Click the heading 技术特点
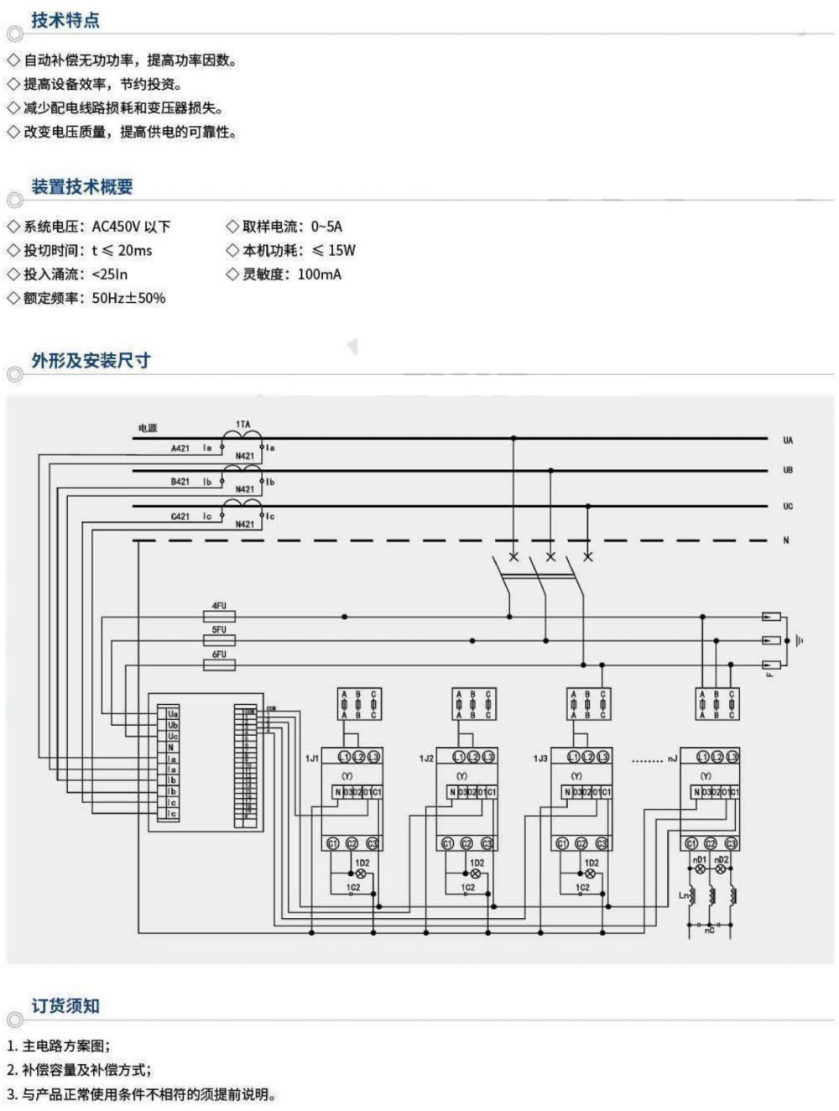click(x=65, y=20)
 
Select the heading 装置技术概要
click(x=82, y=186)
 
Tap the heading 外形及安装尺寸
click(x=91, y=360)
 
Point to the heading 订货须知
click(x=65, y=1005)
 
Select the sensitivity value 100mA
click(x=319, y=274)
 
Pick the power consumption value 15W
click(x=341, y=250)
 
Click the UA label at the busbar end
click(x=787, y=440)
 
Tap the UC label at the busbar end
click(x=787, y=506)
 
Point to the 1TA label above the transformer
click(x=242, y=425)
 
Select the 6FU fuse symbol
click(x=219, y=665)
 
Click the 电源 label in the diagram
click(x=148, y=428)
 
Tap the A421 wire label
click(x=180, y=448)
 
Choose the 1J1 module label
click(x=311, y=759)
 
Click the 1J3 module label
click(x=540, y=759)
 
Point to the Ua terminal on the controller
click(x=173, y=714)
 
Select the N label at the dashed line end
click(x=786, y=540)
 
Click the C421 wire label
click(x=180, y=517)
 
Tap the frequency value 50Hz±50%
click(x=128, y=298)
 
